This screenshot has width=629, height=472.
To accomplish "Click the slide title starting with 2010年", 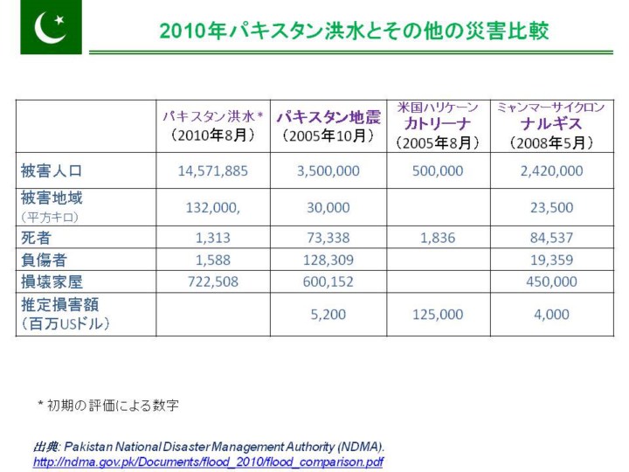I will (354, 31).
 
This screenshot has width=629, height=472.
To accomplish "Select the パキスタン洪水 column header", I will (213, 126).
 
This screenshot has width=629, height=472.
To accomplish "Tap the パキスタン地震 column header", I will (328, 126).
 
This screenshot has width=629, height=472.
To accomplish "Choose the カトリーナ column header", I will (438, 124).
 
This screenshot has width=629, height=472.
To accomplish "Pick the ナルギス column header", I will (550, 124).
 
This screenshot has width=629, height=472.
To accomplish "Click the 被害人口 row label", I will (52, 170).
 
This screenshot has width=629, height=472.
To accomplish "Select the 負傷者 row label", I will (45, 259).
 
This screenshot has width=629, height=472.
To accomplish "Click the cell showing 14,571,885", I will (213, 170).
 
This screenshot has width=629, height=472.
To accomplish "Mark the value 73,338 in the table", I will (328, 237).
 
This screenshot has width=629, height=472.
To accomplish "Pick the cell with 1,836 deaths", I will (438, 237).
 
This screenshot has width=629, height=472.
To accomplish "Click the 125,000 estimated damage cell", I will (438, 315).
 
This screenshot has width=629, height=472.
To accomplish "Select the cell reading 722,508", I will (213, 281).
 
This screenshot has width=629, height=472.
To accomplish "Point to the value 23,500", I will (551, 207).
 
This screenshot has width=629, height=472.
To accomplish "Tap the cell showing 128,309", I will (328, 259).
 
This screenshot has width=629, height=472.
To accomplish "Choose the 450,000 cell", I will (551, 281).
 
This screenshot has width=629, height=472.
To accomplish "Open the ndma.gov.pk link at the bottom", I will (208, 462).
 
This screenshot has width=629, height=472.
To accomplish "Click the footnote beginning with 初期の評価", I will (108, 405).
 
